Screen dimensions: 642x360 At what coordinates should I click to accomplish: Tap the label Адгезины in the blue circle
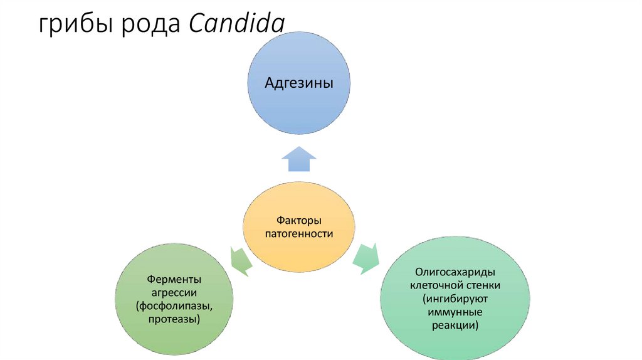click(298, 83)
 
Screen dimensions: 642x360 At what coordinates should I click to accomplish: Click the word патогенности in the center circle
click(299, 233)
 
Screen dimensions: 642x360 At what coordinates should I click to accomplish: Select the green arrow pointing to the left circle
click(239, 261)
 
